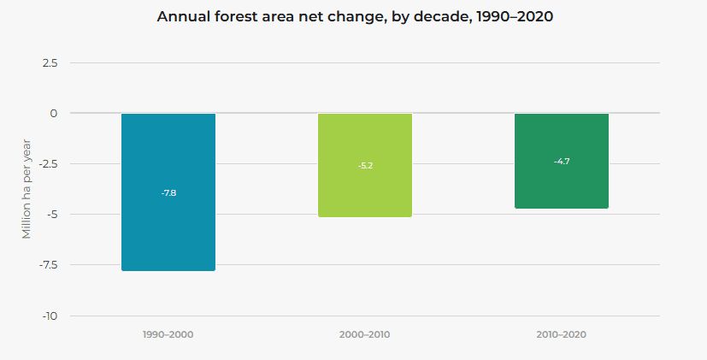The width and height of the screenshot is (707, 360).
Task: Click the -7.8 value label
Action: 168,193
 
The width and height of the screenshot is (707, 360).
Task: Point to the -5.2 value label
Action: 365,165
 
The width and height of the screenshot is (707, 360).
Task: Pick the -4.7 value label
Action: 562,161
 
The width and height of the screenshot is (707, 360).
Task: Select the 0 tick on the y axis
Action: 53,114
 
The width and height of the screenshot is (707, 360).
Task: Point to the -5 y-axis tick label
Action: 51,215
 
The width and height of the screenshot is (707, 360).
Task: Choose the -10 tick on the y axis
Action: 50,316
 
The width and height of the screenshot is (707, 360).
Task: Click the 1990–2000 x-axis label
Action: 168,334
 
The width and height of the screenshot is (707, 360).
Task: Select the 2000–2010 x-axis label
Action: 365,334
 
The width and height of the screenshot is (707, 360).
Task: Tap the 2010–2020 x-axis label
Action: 562,334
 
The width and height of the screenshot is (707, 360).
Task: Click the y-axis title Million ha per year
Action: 27,188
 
